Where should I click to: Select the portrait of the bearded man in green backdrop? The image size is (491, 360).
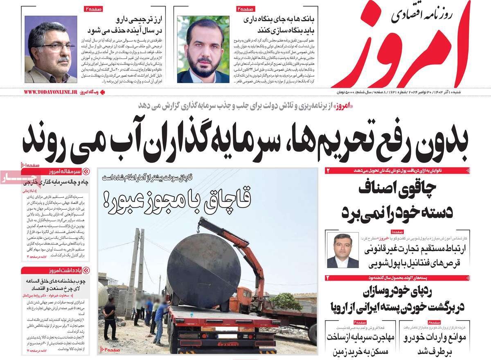coord(203,49)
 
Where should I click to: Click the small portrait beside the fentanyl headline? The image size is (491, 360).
coord(342,250)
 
